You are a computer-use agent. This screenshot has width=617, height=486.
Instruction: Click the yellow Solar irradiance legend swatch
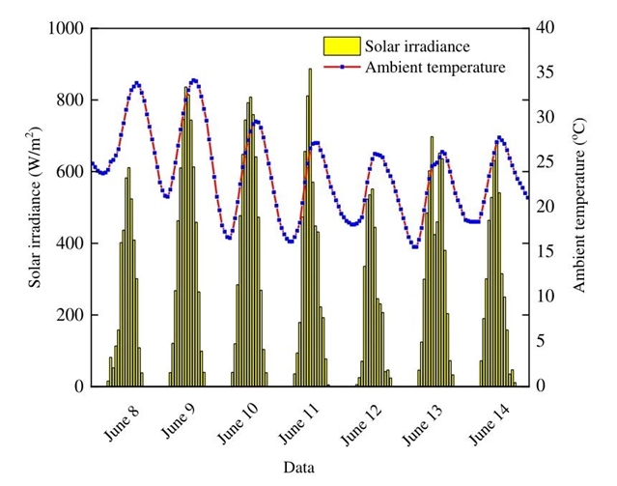(x=341, y=44)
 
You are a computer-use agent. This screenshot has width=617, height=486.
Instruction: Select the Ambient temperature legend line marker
(x=341, y=68)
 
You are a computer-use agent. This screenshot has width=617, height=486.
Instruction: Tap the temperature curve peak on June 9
(x=194, y=80)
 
